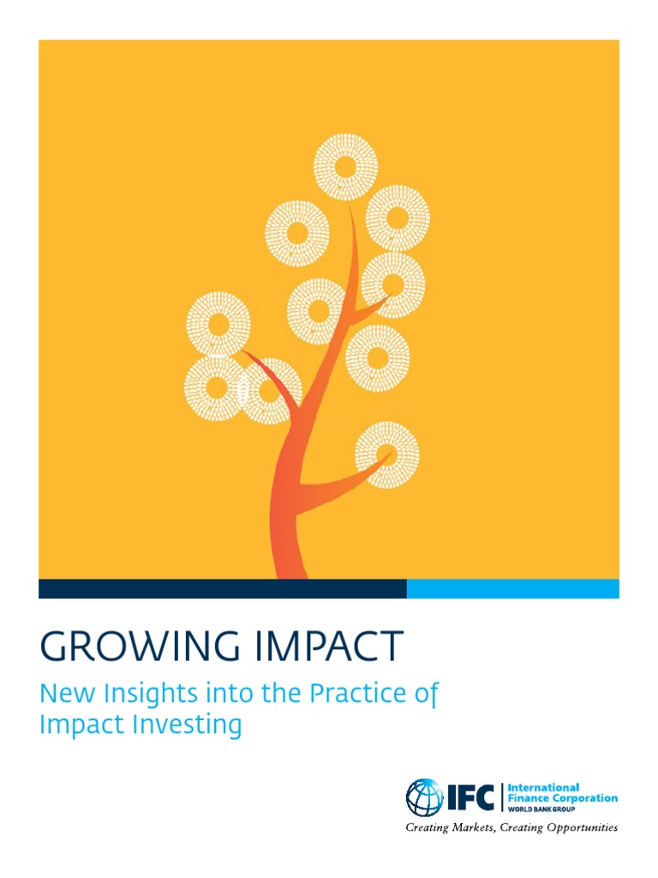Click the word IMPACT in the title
point(328,646)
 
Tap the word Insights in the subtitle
point(148,695)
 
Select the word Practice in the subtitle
point(352,695)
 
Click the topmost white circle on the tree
point(346,166)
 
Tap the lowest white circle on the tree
point(387,454)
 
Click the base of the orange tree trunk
point(289,566)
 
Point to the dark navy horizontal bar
point(222,588)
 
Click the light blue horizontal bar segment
point(512,588)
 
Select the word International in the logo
point(544,787)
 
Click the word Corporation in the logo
point(585,798)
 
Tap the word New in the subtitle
point(63,695)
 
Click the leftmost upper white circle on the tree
point(218,324)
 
